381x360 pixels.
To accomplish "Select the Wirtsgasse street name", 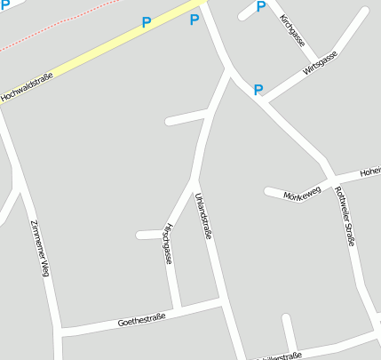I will (x=320, y=64).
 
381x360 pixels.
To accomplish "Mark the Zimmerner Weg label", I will (x=37, y=248).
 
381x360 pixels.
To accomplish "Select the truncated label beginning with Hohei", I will (x=369, y=171).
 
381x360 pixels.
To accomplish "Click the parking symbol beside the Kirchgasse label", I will (x=260, y=7).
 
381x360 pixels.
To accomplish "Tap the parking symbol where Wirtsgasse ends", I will (x=258, y=89).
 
